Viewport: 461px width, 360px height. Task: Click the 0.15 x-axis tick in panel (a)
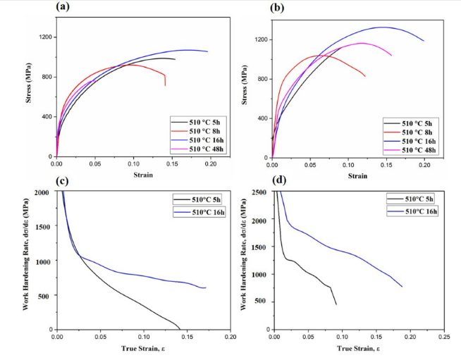171,162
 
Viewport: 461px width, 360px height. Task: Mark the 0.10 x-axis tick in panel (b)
348,162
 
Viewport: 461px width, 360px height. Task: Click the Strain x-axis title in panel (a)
138,173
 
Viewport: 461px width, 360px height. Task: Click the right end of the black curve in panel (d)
336,304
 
